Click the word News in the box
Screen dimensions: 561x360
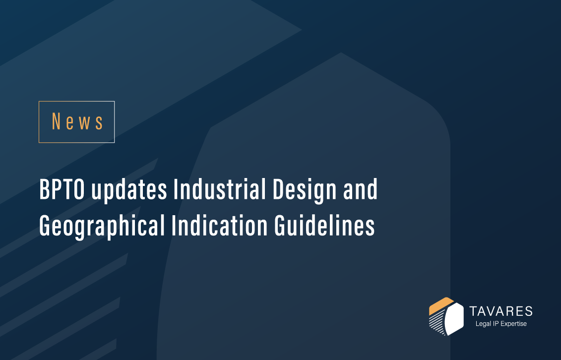coord(77,121)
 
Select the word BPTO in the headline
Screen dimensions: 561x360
coord(62,189)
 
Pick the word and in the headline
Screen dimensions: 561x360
coord(360,189)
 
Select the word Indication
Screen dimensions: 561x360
coord(219,225)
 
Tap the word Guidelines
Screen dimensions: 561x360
coord(324,225)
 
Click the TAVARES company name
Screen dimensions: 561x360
coord(500,311)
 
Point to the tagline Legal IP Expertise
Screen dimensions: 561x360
coord(501,324)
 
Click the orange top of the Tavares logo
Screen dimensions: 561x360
coord(441,304)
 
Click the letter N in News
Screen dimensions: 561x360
coord(56,121)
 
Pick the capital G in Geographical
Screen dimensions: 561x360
coord(45,225)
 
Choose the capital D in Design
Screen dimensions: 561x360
coord(279,189)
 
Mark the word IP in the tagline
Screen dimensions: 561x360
coord(495,323)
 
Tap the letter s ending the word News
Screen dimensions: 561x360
coord(99,123)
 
